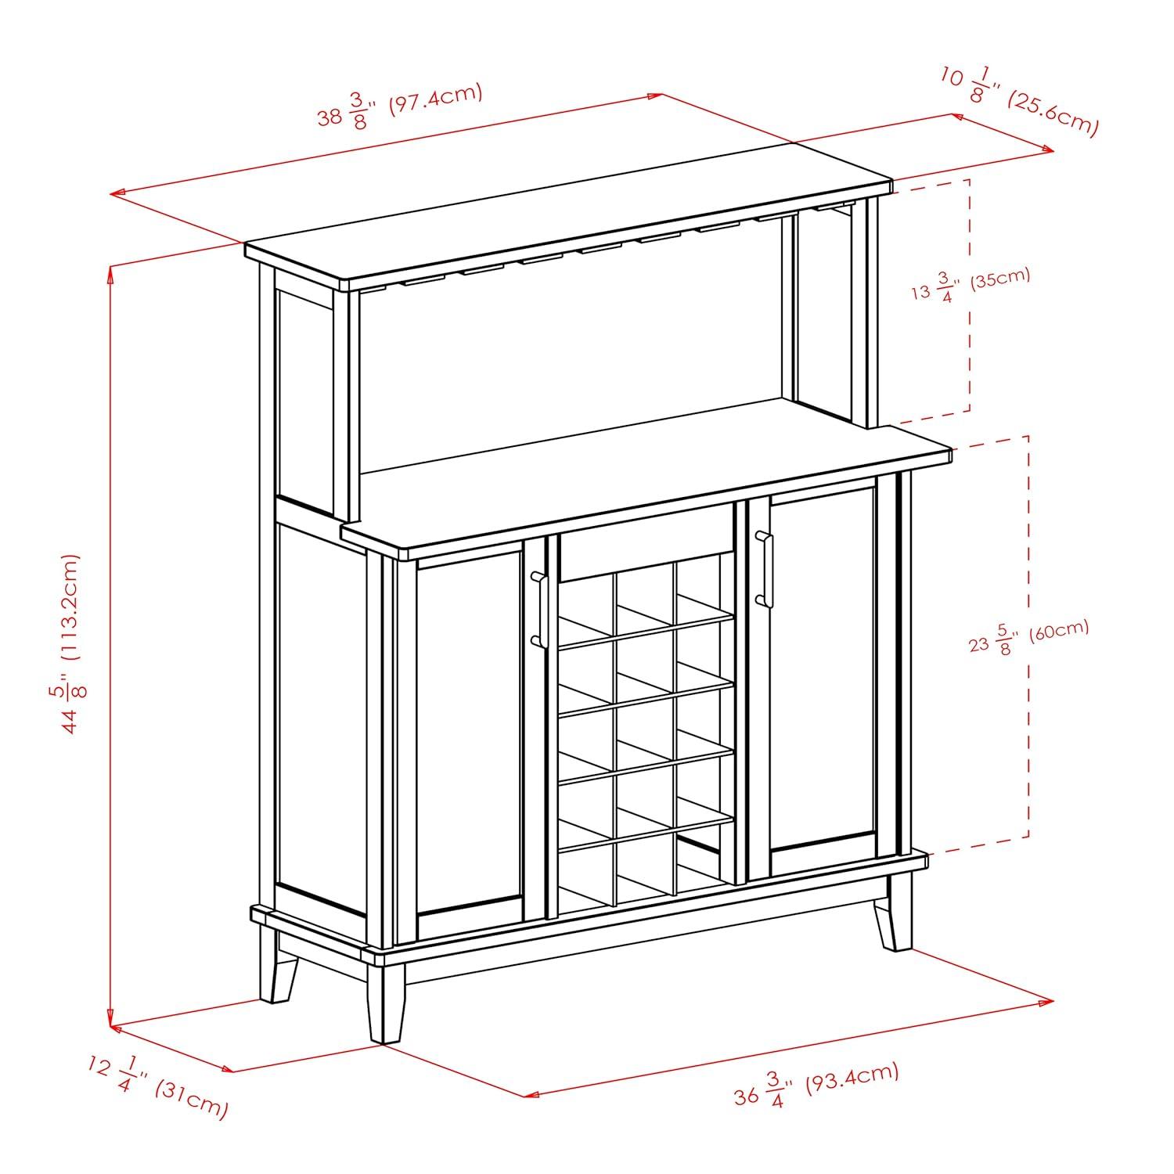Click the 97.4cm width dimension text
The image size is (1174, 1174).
pyautogui.click(x=399, y=108)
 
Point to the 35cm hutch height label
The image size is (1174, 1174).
pyautogui.click(x=971, y=285)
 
